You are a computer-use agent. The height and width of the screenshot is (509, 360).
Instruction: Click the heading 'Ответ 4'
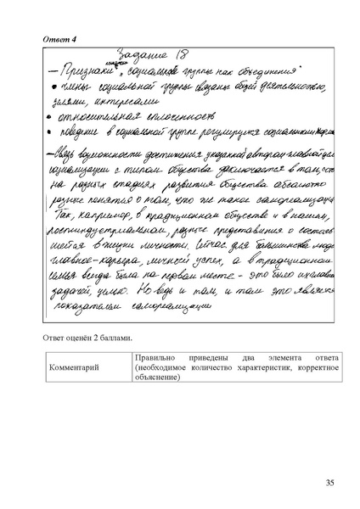(x=59, y=39)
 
